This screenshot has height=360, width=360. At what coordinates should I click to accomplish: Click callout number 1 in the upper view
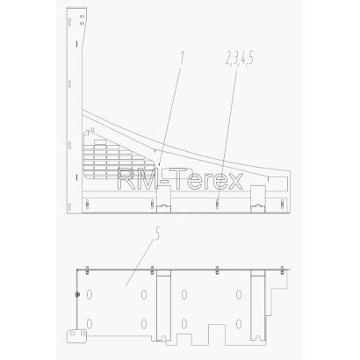(x=182, y=57)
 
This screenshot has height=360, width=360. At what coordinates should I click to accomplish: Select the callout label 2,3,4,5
(x=239, y=58)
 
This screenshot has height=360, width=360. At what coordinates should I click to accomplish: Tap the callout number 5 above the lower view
(x=157, y=234)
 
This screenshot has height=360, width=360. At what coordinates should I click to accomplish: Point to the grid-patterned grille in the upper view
(x=117, y=158)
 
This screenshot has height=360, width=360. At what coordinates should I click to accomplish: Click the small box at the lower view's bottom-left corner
(x=76, y=336)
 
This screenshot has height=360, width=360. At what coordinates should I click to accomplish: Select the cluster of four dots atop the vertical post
(x=83, y=19)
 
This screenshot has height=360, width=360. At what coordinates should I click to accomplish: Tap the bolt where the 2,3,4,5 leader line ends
(x=217, y=204)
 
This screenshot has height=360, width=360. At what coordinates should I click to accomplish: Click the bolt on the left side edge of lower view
(x=77, y=294)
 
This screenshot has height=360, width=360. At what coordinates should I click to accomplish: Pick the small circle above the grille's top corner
(x=93, y=129)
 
